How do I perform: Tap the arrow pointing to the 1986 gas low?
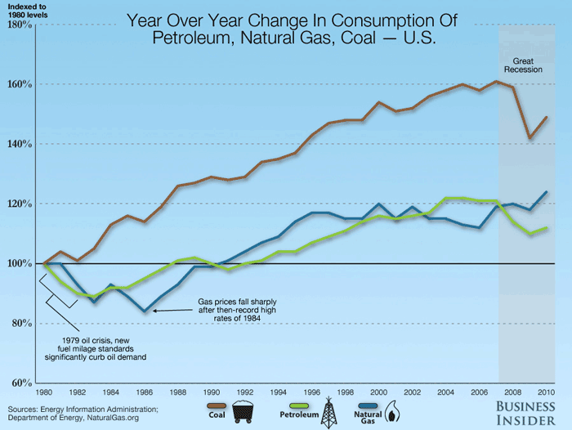pyautogui.click(x=176, y=310)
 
